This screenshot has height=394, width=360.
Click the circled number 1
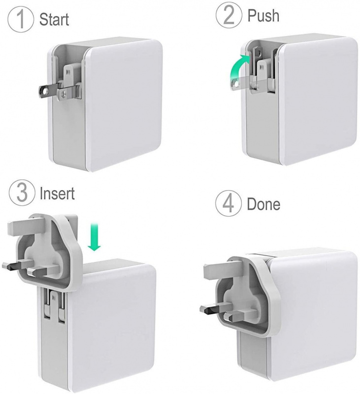21,19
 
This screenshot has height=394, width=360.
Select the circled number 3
22,193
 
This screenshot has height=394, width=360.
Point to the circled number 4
229,203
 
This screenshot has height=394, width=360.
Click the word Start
54,19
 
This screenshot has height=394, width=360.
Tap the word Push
263,15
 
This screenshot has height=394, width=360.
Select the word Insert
57,194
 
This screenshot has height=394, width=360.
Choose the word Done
263,204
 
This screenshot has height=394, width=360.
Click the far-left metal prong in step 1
48,92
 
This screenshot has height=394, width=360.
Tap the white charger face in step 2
319,102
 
